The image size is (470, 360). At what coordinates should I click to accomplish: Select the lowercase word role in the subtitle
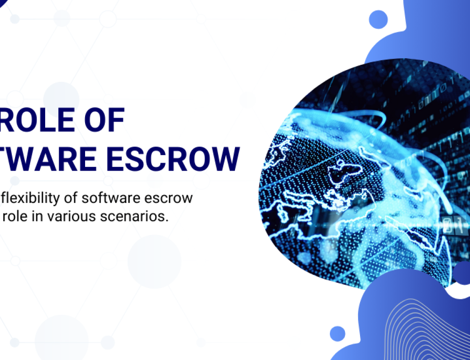[14, 217]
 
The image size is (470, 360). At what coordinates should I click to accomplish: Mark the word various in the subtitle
[68, 217]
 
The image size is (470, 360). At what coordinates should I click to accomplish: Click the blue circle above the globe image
[378, 20]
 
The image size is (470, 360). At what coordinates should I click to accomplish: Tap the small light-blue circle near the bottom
[337, 333]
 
